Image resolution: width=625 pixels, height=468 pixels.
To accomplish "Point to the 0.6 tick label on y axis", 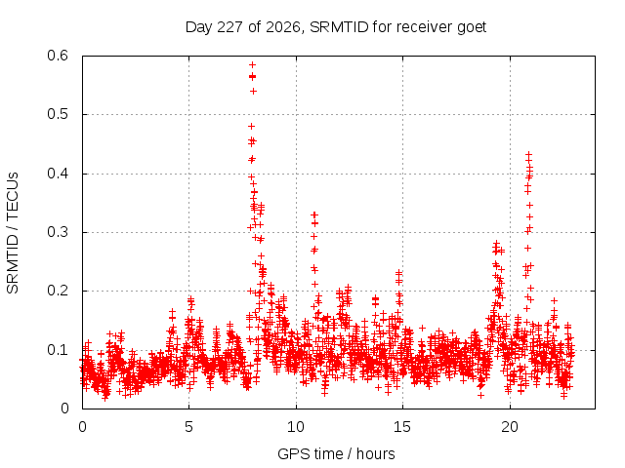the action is tap(58, 56).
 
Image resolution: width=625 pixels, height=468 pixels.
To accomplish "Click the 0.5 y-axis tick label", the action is tap(58, 114).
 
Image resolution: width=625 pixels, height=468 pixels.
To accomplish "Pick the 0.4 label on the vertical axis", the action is tap(58, 174).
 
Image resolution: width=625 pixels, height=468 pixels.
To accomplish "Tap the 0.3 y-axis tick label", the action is tap(58, 232).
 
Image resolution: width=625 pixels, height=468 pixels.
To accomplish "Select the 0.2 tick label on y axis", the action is tap(58, 291).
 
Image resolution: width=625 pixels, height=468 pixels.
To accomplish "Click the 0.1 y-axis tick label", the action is tap(58, 350).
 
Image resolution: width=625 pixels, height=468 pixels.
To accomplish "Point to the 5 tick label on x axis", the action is tap(188, 427).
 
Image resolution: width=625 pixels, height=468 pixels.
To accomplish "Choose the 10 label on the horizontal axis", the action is tap(295, 427).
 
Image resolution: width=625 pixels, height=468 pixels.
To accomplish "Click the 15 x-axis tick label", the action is tap(402, 427).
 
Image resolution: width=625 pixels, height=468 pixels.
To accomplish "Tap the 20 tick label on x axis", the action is tap(510, 427).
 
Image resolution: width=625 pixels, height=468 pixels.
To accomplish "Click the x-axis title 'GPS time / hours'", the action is tap(336, 454).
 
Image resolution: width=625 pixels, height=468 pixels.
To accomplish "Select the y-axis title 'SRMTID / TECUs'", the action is tap(13, 233).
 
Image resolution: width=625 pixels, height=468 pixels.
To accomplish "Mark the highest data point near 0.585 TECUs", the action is tap(252, 65).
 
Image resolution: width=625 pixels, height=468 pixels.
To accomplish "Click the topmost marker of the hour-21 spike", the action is tap(528, 154).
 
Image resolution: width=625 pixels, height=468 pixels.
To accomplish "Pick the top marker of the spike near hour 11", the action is tap(314, 214).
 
